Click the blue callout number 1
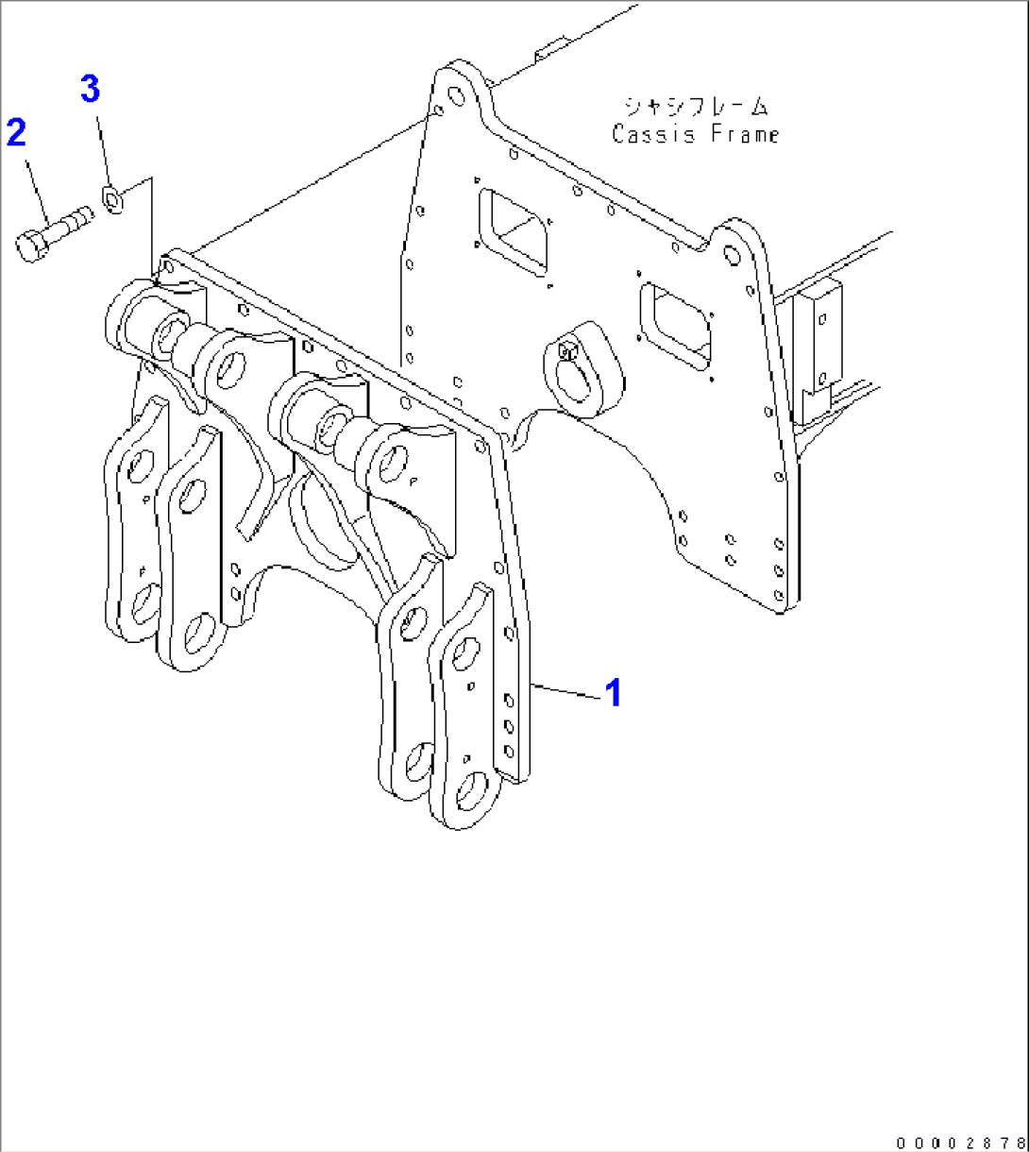click(614, 693)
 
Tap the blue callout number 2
click(16, 132)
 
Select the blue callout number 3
click(89, 91)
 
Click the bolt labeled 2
click(53, 231)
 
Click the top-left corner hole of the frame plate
click(456, 94)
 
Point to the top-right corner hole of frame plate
click(730, 255)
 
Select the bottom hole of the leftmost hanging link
click(144, 605)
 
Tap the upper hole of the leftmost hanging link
click(143, 463)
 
